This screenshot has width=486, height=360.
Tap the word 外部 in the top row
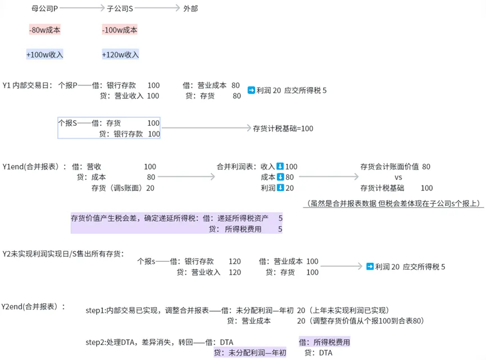pos(190,9)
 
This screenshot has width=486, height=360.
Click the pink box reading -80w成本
pos(44,30)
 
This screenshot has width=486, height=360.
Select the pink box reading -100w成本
pos(120,30)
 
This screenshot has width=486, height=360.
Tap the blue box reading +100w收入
pos(44,54)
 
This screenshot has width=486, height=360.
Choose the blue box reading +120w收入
pos(120,54)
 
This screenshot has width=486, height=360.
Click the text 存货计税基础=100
pos(283,129)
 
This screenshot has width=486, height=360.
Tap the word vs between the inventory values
pos(398,177)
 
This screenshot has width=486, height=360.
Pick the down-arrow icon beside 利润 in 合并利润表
pos(280,188)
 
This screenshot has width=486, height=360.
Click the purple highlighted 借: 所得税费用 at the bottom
pos(324,342)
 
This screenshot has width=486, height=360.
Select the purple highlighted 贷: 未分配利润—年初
pos(250,353)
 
